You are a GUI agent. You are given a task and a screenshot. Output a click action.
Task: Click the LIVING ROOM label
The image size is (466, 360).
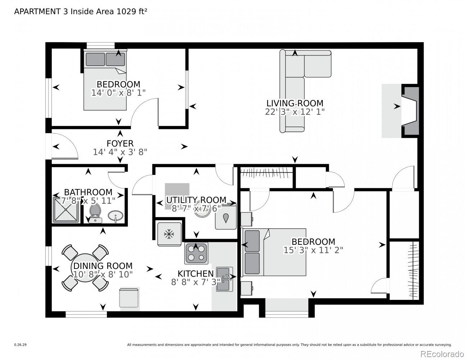(x=295, y=103)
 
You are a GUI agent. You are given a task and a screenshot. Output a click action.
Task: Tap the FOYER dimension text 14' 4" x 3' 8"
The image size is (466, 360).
(x=120, y=152)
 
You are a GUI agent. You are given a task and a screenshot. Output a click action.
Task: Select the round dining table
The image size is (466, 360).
(x=85, y=268)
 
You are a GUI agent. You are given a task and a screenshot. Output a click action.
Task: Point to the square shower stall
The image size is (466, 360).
(x=66, y=210)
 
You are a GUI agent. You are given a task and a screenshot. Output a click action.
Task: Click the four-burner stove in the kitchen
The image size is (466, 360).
(x=196, y=253)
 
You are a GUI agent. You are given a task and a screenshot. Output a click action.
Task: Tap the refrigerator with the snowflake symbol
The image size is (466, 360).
(x=169, y=234)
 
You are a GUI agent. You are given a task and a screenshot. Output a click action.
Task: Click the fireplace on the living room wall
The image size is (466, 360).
(x=410, y=111)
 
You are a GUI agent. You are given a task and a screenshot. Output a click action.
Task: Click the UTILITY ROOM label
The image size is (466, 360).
(x=196, y=200)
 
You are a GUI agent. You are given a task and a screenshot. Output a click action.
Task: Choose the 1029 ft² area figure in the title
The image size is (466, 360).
(x=132, y=12)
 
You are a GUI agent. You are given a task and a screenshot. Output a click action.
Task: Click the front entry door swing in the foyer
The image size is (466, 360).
(x=64, y=146)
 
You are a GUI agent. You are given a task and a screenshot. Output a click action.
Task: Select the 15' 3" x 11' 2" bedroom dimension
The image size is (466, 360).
(x=313, y=250)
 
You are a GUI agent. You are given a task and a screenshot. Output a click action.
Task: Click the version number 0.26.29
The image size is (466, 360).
(x=21, y=345)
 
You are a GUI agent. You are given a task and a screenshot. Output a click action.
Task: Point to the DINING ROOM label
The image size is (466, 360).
(x=103, y=266)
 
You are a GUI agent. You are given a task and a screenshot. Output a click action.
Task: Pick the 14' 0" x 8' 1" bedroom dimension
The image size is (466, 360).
(x=118, y=93)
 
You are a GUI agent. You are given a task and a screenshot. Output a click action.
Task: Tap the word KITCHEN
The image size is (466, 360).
(x=196, y=274)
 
